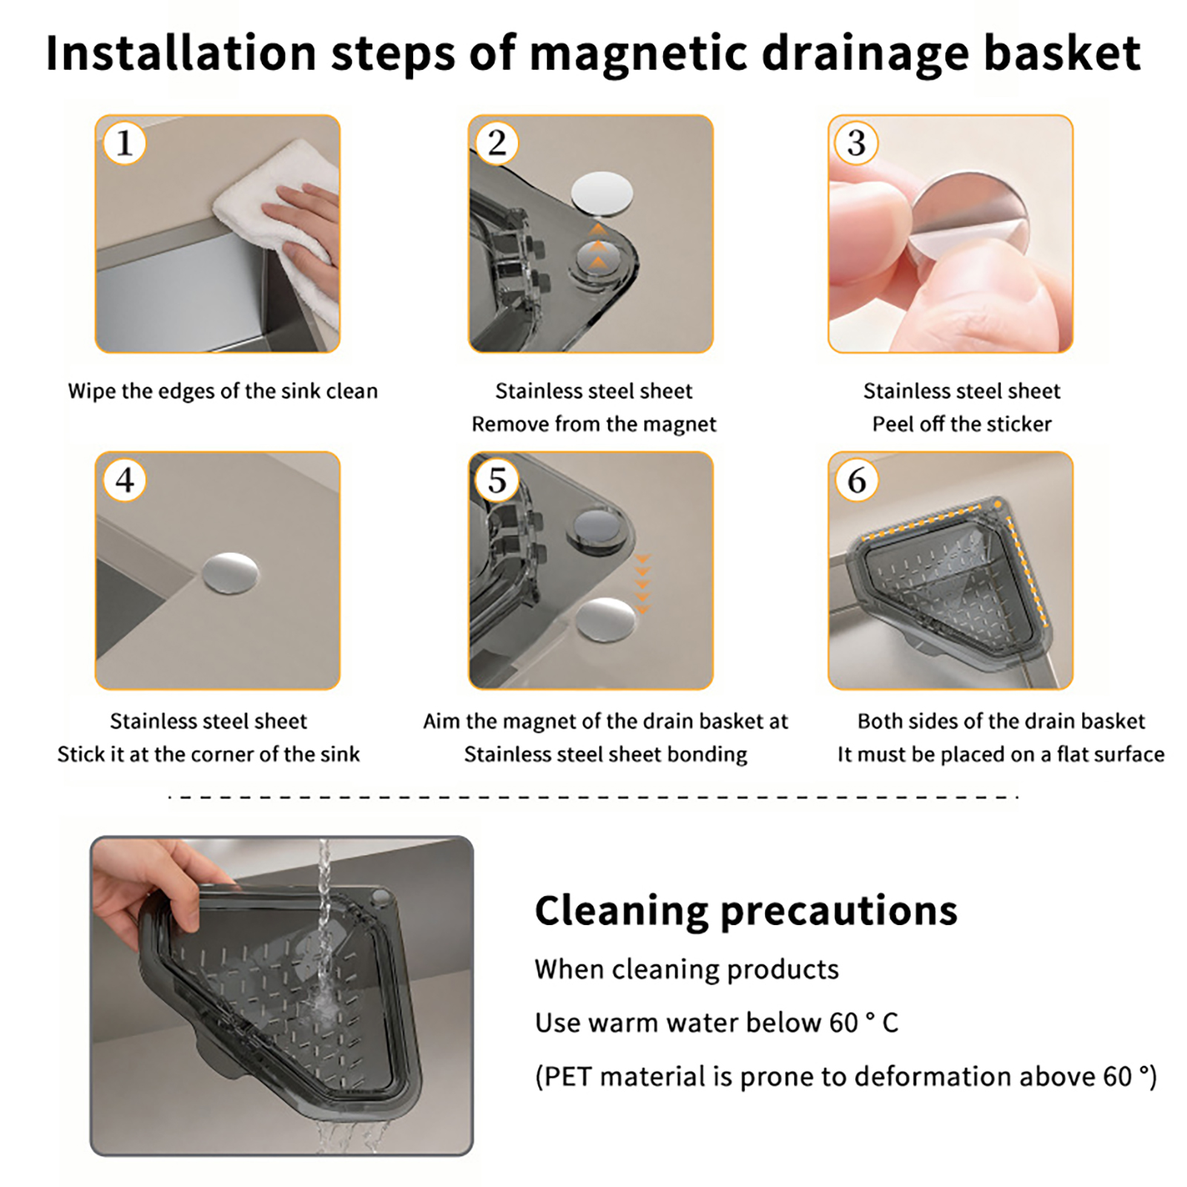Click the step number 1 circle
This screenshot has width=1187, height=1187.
click(x=124, y=143)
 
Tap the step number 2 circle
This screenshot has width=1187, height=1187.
click(x=497, y=143)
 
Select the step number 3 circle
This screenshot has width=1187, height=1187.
click(x=856, y=143)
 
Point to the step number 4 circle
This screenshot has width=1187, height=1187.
click(x=124, y=480)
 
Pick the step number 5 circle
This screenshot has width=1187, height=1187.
click(x=497, y=480)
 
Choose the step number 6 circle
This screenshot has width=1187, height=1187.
click(x=856, y=480)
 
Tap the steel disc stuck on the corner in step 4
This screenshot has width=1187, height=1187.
click(x=231, y=573)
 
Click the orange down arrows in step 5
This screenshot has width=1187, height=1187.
click(x=642, y=584)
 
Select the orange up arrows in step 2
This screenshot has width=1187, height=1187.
click(x=598, y=246)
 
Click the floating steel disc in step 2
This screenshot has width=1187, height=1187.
click(x=602, y=194)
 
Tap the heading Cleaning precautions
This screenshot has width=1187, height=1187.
click(x=746, y=912)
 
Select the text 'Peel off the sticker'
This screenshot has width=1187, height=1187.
click(x=961, y=424)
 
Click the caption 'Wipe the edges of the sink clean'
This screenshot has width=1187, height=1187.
click(x=223, y=392)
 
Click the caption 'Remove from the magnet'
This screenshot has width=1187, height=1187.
click(x=593, y=424)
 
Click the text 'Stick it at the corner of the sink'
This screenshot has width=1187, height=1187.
click(x=208, y=754)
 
